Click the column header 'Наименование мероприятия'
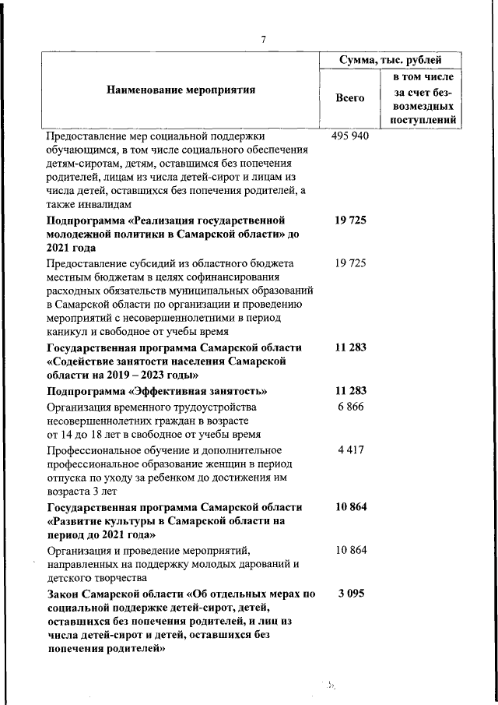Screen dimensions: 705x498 pyautogui.click(x=181, y=90)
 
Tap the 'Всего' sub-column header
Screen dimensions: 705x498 pyautogui.click(x=350, y=98)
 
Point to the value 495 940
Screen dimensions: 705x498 pyautogui.click(x=350, y=135)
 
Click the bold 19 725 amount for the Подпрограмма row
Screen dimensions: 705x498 pyautogui.click(x=350, y=220)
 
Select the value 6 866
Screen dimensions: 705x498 pyautogui.click(x=351, y=407)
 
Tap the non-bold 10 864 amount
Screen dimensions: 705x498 pyautogui.click(x=350, y=550)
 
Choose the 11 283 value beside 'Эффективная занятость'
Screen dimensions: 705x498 pyautogui.click(x=350, y=390)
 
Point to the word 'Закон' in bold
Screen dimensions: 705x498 pyautogui.click(x=67, y=594)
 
